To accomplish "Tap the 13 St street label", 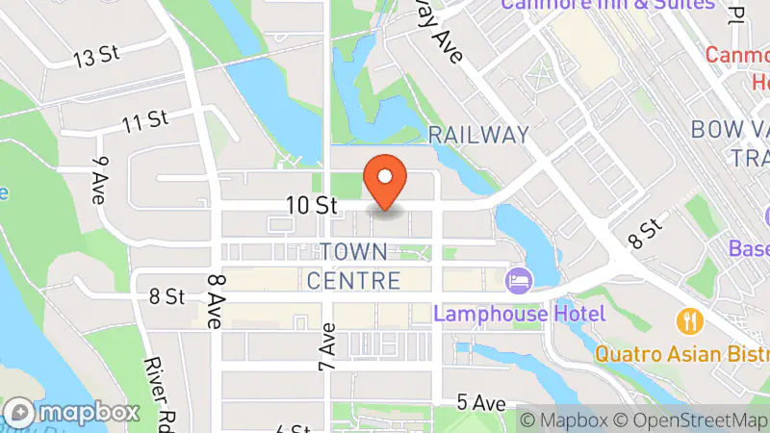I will pos(95,58).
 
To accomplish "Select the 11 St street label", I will pos(145,120).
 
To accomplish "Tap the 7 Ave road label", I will pos(327,353).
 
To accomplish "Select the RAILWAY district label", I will pos(478,135).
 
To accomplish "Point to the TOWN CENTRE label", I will pos(353,267).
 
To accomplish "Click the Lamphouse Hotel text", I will pos(519,314).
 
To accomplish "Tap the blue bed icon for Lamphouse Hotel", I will pos(518,280).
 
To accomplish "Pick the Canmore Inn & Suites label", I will pos(606,5).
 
